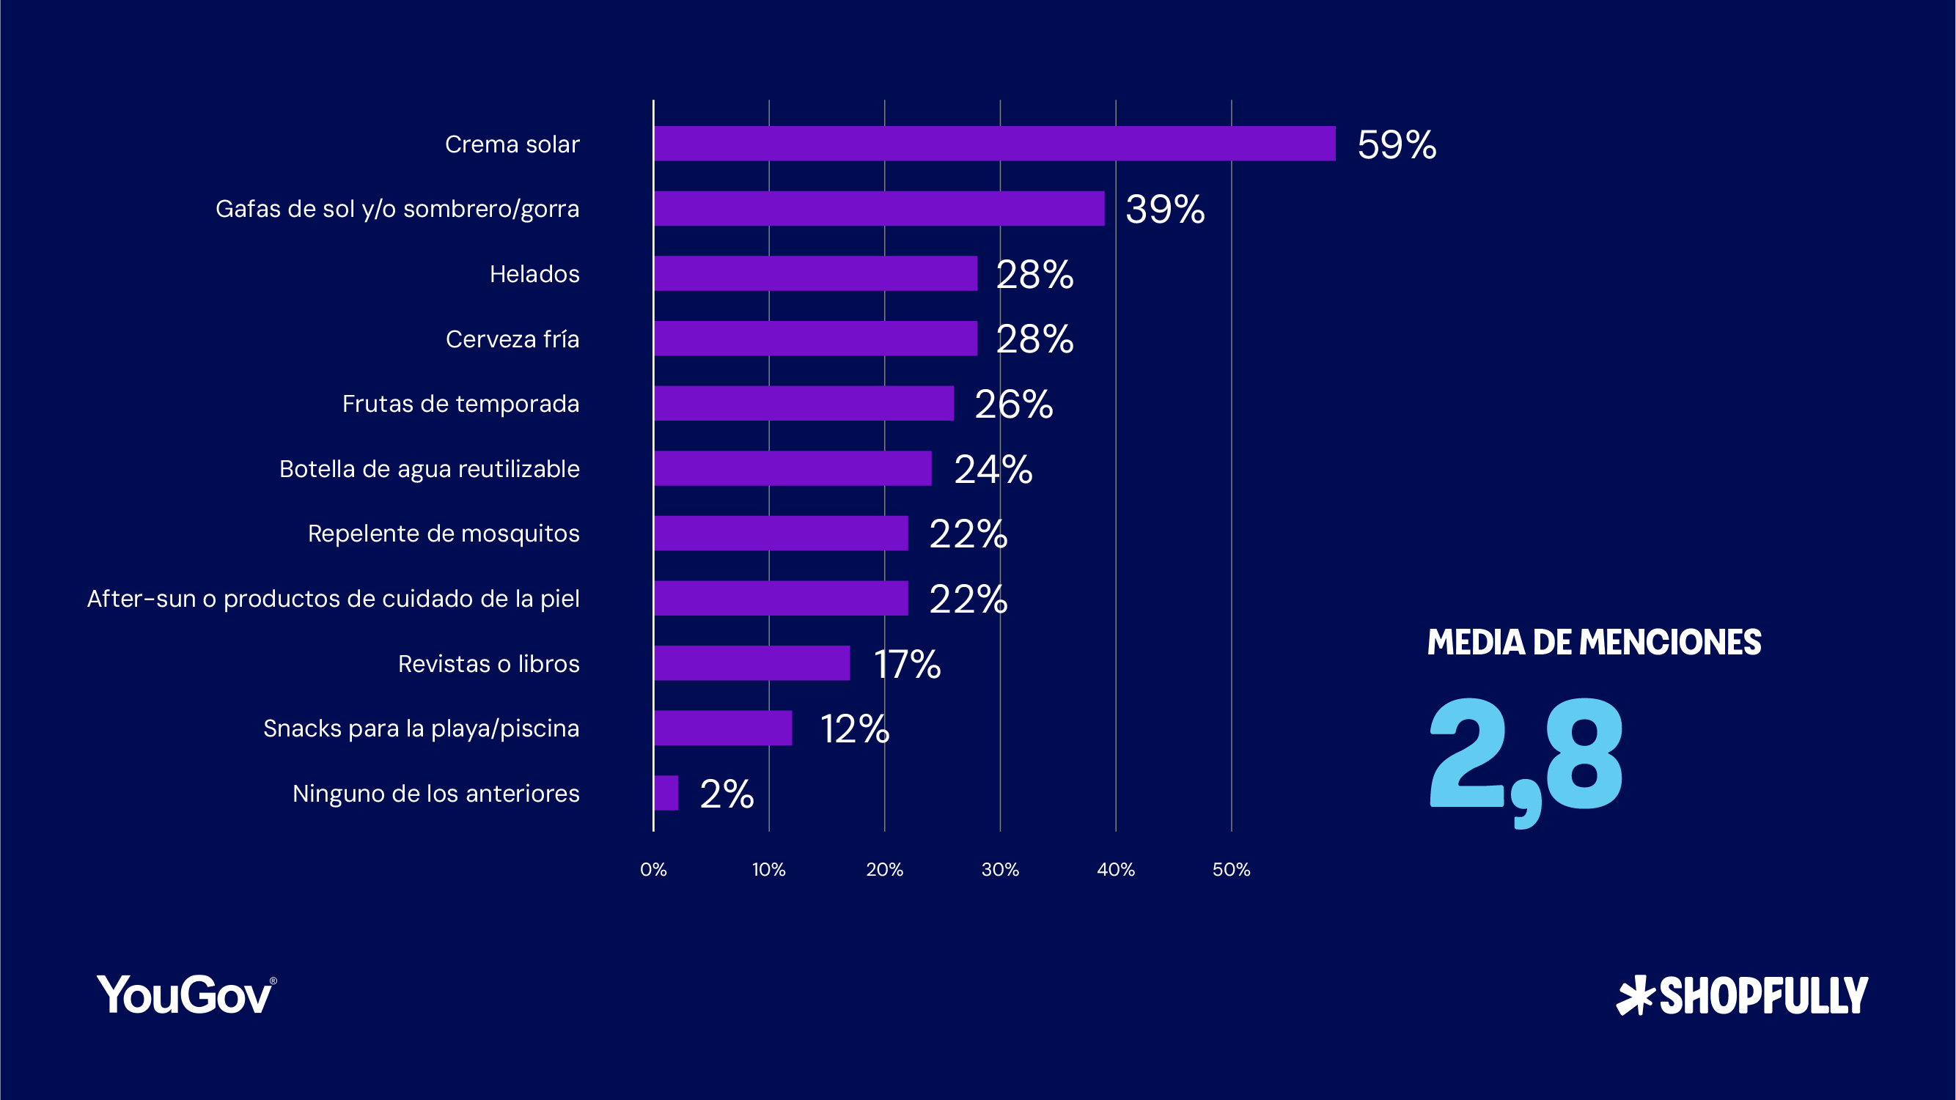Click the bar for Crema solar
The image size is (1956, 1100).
tap(994, 144)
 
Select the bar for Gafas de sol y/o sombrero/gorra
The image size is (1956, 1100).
tap(878, 208)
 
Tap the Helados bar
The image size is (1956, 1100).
tap(815, 273)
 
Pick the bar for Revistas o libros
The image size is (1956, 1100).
tap(751, 662)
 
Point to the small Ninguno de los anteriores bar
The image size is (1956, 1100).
tap(666, 792)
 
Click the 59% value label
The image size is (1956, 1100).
tap(1397, 144)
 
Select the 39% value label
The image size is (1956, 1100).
tap(1165, 209)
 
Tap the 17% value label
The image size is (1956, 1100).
tap(907, 664)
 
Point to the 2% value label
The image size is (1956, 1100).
tap(726, 794)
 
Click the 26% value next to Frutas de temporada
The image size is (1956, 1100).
tap(1013, 404)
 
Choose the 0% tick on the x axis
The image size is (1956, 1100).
tap(653, 869)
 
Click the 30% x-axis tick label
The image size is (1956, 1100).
tap(1000, 869)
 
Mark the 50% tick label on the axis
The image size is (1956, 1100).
tap(1231, 869)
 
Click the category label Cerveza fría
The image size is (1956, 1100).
tap(512, 339)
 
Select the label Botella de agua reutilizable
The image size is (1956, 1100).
tap(429, 468)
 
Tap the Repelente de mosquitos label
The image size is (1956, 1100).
tap(444, 533)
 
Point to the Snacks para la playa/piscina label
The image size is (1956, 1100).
tap(421, 728)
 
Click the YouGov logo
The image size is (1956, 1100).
tap(186, 994)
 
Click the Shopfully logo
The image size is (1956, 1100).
tap(1742, 995)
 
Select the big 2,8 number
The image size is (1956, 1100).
tap(1525, 759)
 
